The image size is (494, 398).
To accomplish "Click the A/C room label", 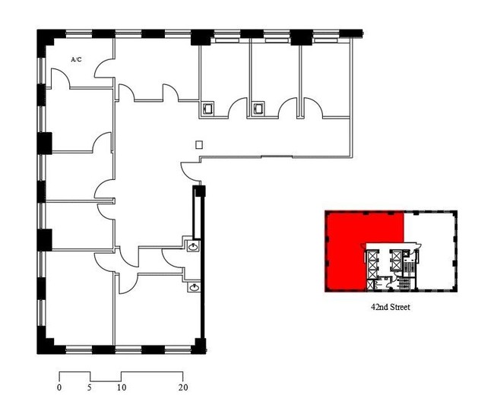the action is (76, 59).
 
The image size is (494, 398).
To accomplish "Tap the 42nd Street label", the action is (391, 307).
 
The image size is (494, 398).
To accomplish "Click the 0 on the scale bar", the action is (59, 387).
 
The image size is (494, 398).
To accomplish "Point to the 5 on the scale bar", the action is (90, 387).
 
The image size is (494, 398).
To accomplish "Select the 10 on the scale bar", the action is (122, 387).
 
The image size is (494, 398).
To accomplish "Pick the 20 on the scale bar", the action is (183, 387).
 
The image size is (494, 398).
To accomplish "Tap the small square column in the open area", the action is (199, 145).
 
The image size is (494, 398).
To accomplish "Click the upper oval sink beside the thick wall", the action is (193, 246).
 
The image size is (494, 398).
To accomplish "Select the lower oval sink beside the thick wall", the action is (194, 287).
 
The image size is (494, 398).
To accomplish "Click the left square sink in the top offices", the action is (207, 109).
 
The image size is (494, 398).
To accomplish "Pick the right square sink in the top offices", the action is (259, 109).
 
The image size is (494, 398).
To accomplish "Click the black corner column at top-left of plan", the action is (46, 39).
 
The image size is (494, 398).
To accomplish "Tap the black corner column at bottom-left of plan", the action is (46, 345).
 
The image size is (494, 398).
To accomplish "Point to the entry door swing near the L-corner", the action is (190, 172).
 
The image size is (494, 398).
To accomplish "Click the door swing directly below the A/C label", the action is (60, 78).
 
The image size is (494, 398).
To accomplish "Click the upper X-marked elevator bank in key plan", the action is (396, 260).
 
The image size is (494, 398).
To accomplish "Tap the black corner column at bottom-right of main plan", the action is (200, 346).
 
